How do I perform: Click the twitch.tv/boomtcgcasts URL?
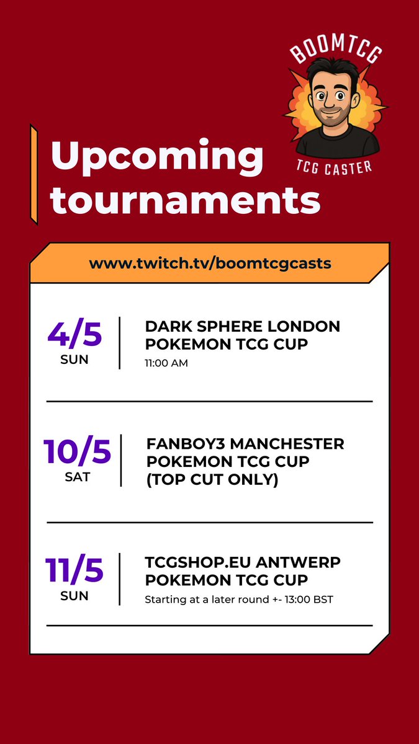point(210,263)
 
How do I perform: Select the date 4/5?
point(74,335)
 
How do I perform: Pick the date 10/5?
point(78,452)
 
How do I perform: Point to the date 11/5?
point(75,571)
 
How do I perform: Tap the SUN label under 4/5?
point(74,360)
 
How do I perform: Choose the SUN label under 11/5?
point(75,596)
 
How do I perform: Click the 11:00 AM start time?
point(166,363)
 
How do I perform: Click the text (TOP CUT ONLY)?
point(212,479)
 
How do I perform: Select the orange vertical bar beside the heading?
point(34,174)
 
